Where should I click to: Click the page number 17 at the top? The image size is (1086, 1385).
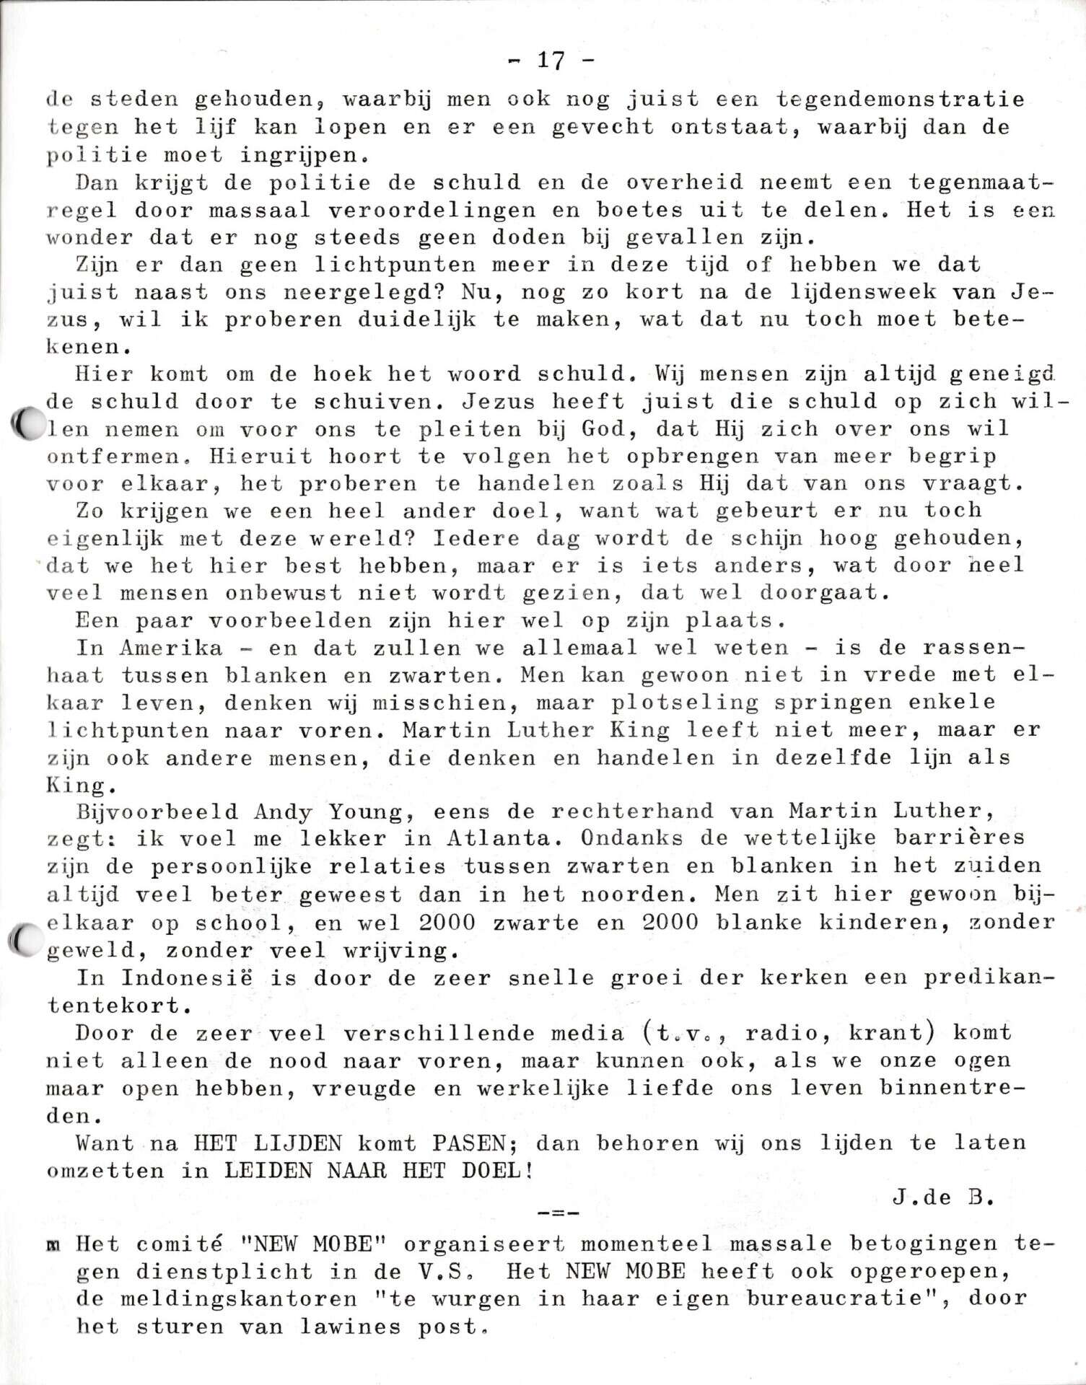coord(551,61)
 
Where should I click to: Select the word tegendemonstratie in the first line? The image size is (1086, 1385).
coord(900,99)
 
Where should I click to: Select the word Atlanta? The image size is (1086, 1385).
coord(499,839)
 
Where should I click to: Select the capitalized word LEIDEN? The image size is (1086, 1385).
coord(268,1170)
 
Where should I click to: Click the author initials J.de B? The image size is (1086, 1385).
coord(941,1198)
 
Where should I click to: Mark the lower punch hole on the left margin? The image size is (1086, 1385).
coord(27,939)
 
